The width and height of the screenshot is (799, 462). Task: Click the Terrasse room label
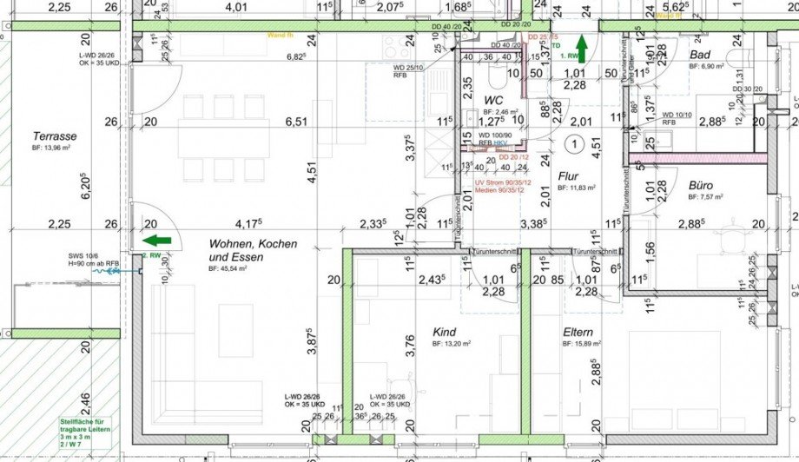click(55, 136)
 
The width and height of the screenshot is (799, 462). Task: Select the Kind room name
click(444, 333)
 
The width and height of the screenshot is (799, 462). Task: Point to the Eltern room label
click(578, 333)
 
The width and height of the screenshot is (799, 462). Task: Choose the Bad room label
click(701, 55)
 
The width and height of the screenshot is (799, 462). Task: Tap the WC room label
click(494, 100)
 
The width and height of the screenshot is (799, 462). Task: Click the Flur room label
click(569, 175)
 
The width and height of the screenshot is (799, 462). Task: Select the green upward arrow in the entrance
click(580, 48)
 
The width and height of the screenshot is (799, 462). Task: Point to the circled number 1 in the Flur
click(573, 143)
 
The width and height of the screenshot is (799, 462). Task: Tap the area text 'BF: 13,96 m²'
click(55, 149)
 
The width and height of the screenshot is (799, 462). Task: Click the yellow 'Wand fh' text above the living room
click(280, 35)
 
